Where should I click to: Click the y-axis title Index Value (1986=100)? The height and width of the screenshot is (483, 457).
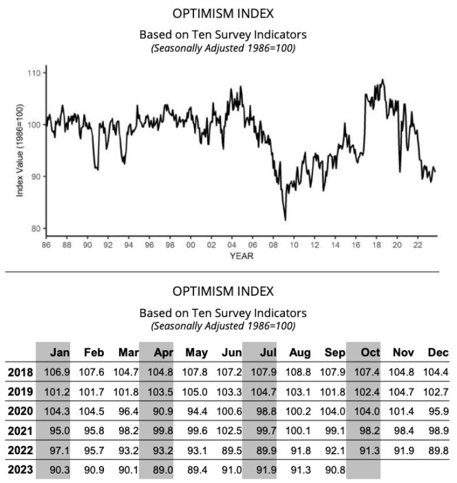[x=20, y=150]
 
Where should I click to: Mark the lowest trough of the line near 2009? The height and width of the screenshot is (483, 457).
[x=285, y=220]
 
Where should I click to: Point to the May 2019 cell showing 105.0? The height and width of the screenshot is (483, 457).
[x=195, y=393]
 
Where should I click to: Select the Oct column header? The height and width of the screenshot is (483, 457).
[x=367, y=353]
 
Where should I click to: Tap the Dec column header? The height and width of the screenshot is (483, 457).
[x=438, y=353]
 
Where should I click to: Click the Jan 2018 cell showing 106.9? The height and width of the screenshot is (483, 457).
[x=57, y=372]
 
